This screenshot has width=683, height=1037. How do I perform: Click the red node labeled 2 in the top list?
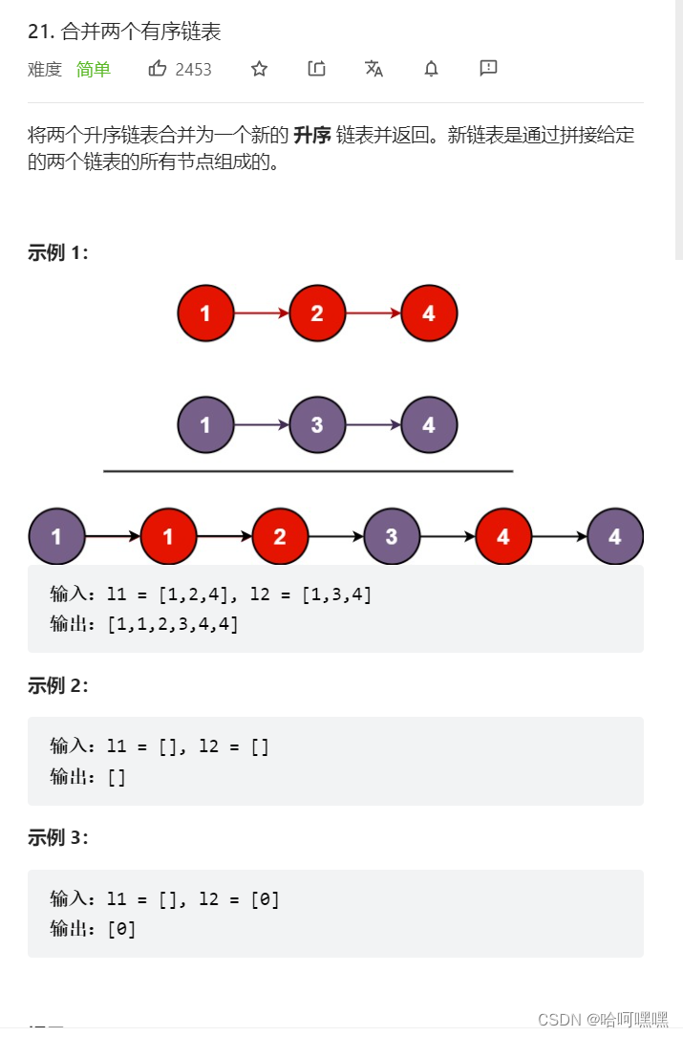[317, 313]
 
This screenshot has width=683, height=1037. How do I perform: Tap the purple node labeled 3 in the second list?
[317, 424]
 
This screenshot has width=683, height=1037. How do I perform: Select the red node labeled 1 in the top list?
[205, 313]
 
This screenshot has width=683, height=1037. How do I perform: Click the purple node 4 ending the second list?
[429, 424]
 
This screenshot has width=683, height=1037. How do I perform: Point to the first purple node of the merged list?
[56, 536]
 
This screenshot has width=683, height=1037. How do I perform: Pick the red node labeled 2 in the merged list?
[280, 536]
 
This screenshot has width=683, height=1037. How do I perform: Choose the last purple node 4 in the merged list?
[615, 536]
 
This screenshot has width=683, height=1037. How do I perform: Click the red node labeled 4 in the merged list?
[503, 536]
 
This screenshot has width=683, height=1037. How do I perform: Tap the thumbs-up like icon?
[158, 68]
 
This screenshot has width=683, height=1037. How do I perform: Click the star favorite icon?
[259, 68]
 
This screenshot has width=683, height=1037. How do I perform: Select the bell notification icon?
[432, 68]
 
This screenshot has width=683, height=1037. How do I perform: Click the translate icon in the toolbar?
[374, 68]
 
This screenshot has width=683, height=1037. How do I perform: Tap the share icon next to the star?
[316, 68]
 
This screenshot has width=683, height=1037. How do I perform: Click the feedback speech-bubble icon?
[488, 68]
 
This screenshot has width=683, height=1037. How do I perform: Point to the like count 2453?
[194, 69]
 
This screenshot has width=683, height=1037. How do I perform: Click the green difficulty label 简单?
[94, 69]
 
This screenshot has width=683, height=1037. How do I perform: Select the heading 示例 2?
[58, 685]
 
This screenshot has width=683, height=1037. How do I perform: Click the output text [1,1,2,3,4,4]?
[172, 624]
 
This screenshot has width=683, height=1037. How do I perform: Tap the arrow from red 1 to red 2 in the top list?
[261, 313]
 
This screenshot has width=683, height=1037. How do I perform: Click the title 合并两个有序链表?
[140, 32]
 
